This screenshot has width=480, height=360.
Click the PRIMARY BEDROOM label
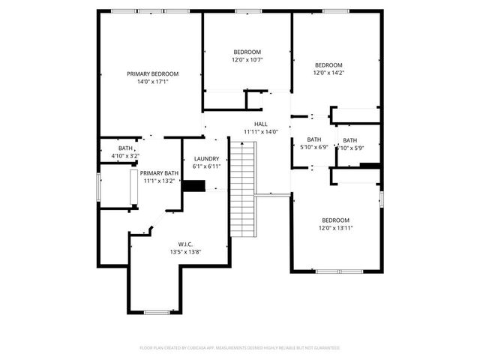pos(152,73)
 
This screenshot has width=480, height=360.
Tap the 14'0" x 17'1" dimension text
pos(152,82)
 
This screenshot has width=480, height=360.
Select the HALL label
pos(260,124)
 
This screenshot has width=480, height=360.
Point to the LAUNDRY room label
pos(206,158)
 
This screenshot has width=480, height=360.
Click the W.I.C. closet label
pos(186,244)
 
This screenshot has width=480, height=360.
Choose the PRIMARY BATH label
pos(159,173)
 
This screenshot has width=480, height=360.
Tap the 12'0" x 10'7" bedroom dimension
pos(247,59)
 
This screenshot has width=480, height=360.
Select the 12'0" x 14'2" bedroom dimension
pos(328,73)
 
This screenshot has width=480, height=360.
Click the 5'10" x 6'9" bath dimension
pos(313,147)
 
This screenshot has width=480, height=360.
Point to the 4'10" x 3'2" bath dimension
pos(125,155)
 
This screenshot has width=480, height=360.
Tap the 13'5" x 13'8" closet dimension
pos(186,253)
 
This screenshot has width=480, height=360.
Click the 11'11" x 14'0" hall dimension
pos(260,132)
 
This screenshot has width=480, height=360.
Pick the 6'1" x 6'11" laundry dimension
pos(206,166)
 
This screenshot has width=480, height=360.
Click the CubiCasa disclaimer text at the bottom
pos(240,348)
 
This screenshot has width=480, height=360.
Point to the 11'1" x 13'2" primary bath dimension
pos(159,181)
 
